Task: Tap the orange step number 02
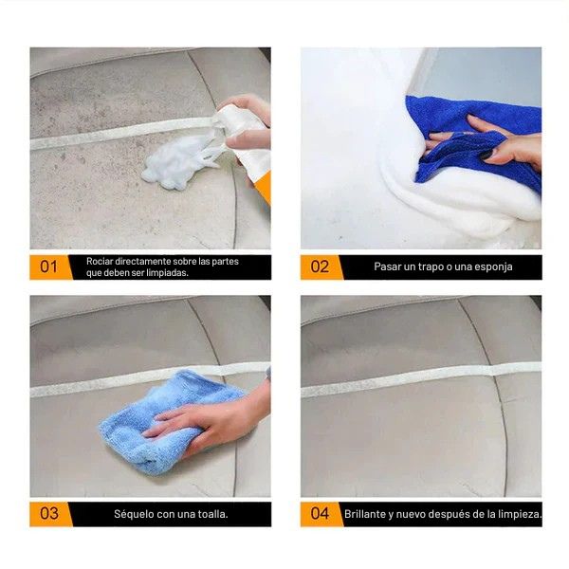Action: (x=321, y=266)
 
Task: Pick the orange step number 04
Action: (x=321, y=514)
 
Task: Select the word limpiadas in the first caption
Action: (x=165, y=273)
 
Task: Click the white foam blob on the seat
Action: (x=180, y=161)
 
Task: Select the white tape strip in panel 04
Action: (x=417, y=379)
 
